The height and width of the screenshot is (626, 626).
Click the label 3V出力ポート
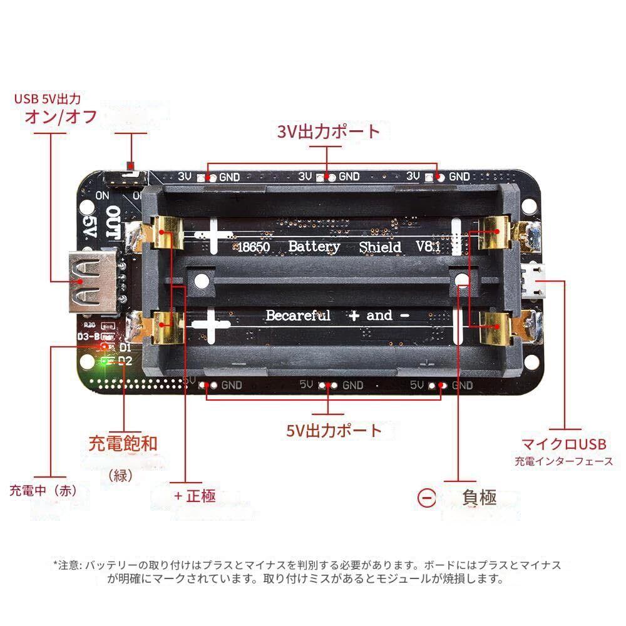click(x=329, y=131)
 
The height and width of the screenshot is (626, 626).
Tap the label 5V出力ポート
click(x=334, y=430)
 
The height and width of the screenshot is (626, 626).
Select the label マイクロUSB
click(x=564, y=444)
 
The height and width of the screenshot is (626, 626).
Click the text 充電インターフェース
click(x=564, y=462)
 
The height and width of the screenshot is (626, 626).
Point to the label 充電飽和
click(x=123, y=443)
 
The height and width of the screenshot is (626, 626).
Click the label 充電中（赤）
click(x=43, y=490)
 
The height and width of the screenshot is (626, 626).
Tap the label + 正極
click(x=195, y=496)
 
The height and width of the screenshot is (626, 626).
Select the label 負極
click(x=480, y=497)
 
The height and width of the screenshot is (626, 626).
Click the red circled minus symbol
click(x=426, y=498)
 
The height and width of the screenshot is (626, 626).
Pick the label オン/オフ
click(x=60, y=116)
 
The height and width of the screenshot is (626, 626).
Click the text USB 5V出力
click(x=48, y=98)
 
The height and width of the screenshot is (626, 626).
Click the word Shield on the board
click(x=380, y=247)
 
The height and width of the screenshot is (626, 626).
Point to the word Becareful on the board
click(x=298, y=315)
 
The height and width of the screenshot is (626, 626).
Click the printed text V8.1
click(x=427, y=247)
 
